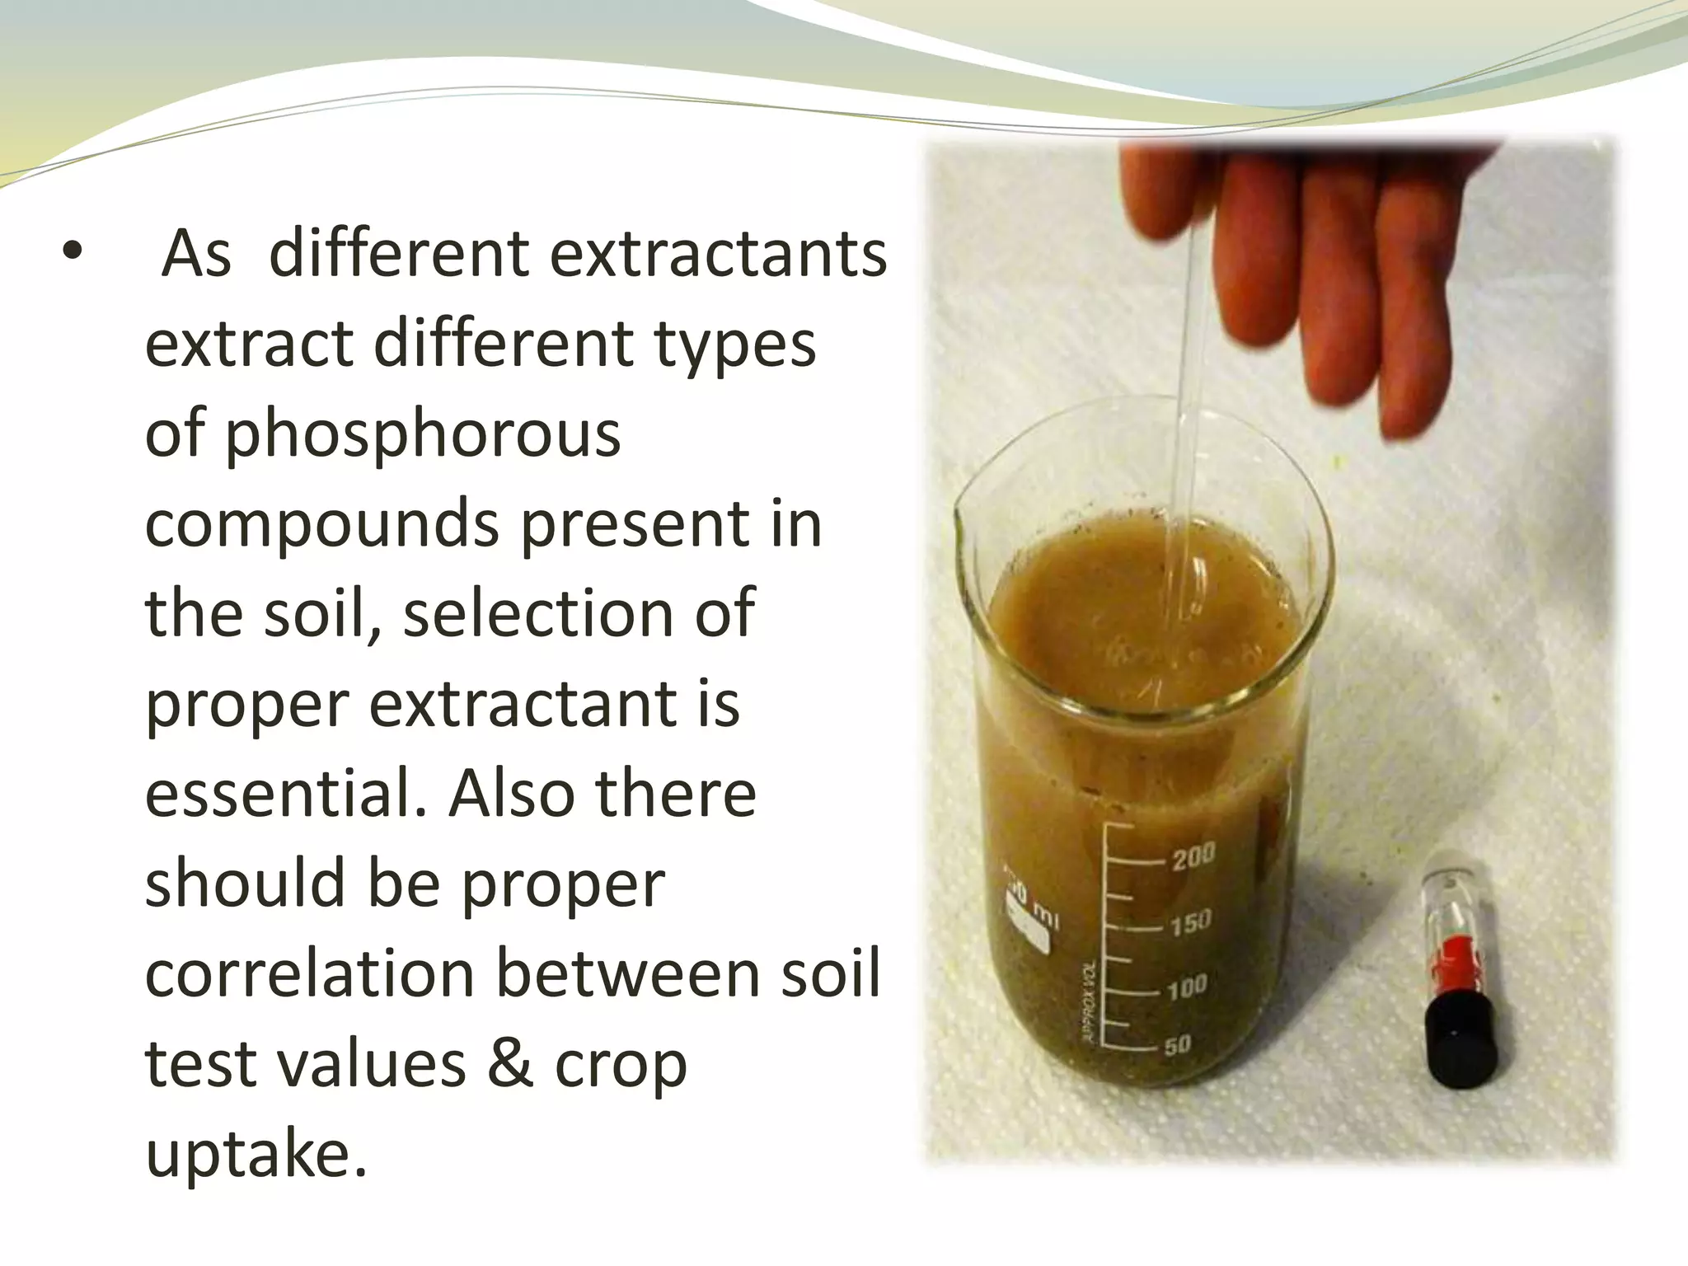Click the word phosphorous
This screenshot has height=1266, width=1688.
click(x=382, y=434)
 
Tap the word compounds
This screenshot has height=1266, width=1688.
click(x=322, y=524)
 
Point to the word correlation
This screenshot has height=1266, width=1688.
click(x=310, y=973)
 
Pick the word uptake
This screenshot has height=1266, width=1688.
click(x=256, y=1154)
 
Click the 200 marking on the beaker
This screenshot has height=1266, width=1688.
click(x=1193, y=857)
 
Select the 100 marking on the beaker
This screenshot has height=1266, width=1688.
click(x=1187, y=985)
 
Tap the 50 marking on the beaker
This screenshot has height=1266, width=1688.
click(x=1178, y=1045)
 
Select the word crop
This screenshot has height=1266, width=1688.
click(x=620, y=1065)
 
